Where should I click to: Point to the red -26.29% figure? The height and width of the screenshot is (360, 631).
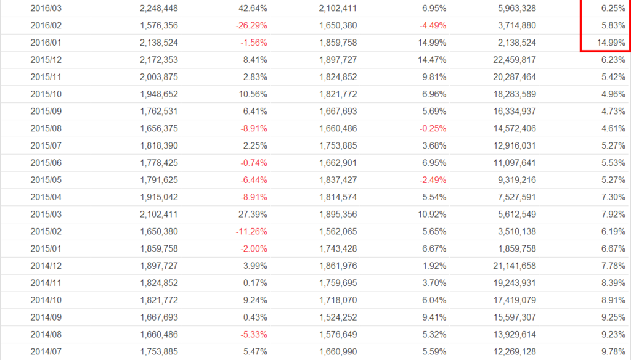(251, 26)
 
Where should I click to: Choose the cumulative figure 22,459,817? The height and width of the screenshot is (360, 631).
(511, 60)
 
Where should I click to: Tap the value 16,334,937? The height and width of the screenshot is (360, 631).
(511, 111)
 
